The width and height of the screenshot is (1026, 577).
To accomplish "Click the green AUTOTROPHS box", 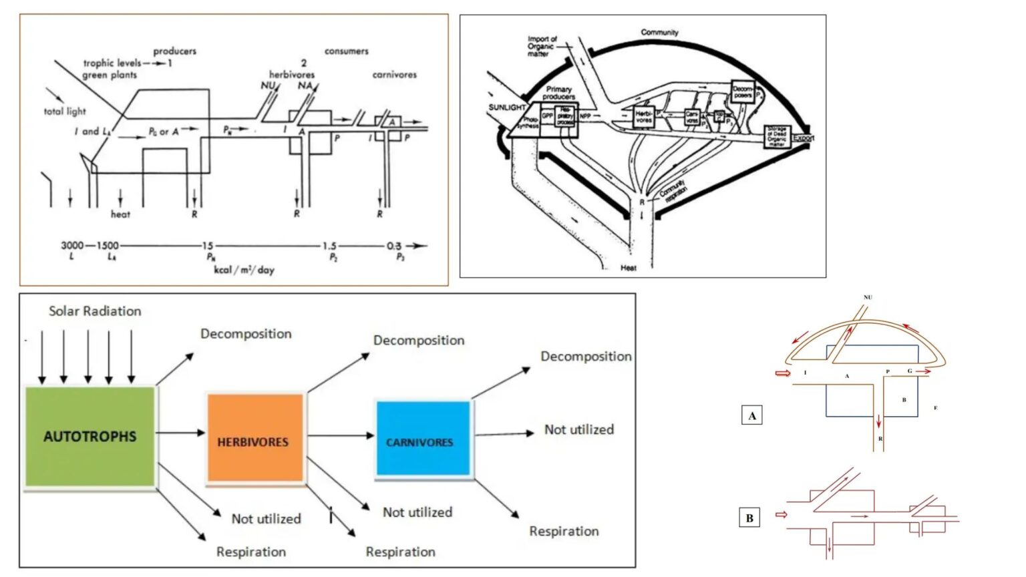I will pos(90,437).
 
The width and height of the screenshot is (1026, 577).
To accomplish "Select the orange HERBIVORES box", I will pos(254,438).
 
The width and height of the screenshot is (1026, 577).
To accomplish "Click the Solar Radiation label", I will pos(95,311).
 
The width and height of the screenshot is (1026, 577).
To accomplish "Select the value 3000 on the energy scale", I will pos(72,246).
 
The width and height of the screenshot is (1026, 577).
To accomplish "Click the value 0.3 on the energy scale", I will pos(394,246).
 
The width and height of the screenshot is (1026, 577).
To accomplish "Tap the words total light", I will pos(65,112).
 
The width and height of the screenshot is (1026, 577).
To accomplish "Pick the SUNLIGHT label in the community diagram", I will pos(507,108).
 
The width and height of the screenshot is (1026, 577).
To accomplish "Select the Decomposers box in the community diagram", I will pos(743,92).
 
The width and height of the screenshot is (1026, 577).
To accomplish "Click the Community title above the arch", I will pos(659,32).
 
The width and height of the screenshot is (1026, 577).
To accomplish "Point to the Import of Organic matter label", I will pos(541,46).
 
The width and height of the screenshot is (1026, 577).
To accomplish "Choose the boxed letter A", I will pos(752,416).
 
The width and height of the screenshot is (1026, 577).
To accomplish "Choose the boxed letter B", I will pos(749,518).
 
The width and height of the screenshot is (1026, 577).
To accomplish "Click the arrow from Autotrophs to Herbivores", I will pos(180,433).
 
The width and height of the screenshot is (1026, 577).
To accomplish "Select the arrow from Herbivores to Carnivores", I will pos(341,435).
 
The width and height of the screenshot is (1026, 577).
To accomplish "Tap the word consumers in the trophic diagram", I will pos(346,51).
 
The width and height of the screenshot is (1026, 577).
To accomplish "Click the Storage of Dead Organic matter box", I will pos(777,136).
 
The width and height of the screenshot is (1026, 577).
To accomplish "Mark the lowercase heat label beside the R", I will pos(120,214).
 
